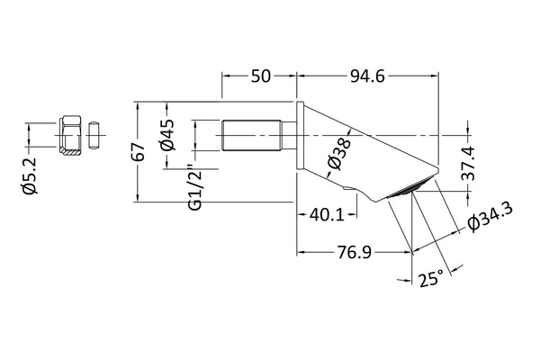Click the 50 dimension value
(259, 76)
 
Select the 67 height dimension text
(139, 151)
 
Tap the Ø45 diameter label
(166, 140)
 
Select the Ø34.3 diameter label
(489, 216)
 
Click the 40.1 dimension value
(326, 216)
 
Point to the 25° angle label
(431, 281)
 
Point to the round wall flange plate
(300, 137)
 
